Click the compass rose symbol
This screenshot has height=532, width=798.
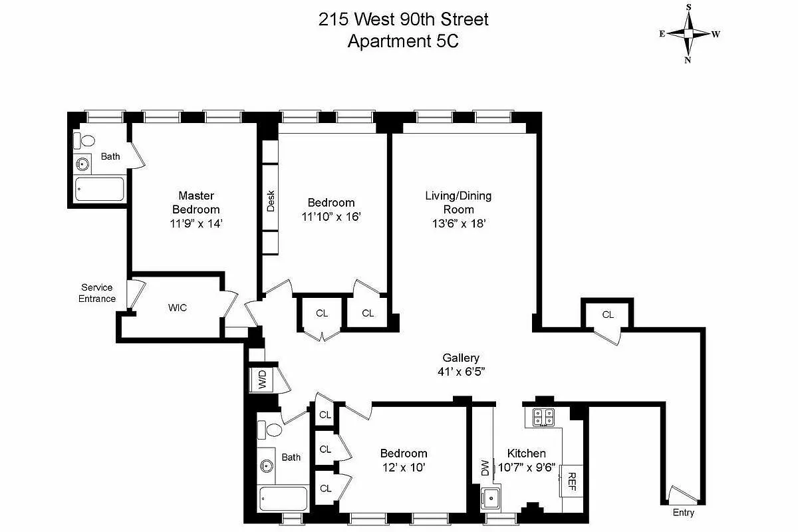pos(688,33)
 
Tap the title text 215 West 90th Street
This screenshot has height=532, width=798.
pos(403,19)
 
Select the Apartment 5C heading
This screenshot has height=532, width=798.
pos(403,41)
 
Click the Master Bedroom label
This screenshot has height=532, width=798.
pos(196,202)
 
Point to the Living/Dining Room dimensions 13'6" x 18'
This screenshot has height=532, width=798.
pos(459,224)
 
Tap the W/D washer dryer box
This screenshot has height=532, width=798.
pos(261,381)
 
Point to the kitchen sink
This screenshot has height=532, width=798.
pos(491,495)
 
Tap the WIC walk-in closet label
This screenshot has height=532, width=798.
pos(177,308)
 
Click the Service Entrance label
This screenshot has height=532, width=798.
pos(97,293)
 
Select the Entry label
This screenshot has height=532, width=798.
pos(683,513)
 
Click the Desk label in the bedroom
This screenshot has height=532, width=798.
pos(271,201)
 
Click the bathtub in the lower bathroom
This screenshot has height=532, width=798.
pos(283,499)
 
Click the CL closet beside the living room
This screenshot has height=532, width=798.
pos(608,315)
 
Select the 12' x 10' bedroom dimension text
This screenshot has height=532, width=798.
pos(404,467)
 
